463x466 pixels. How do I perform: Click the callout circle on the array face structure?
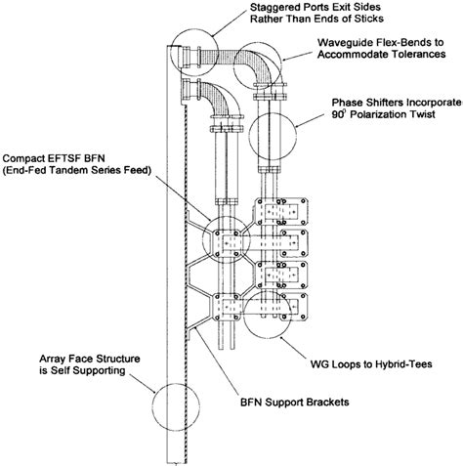[152, 406]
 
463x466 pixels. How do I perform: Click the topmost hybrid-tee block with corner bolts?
[281, 211]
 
